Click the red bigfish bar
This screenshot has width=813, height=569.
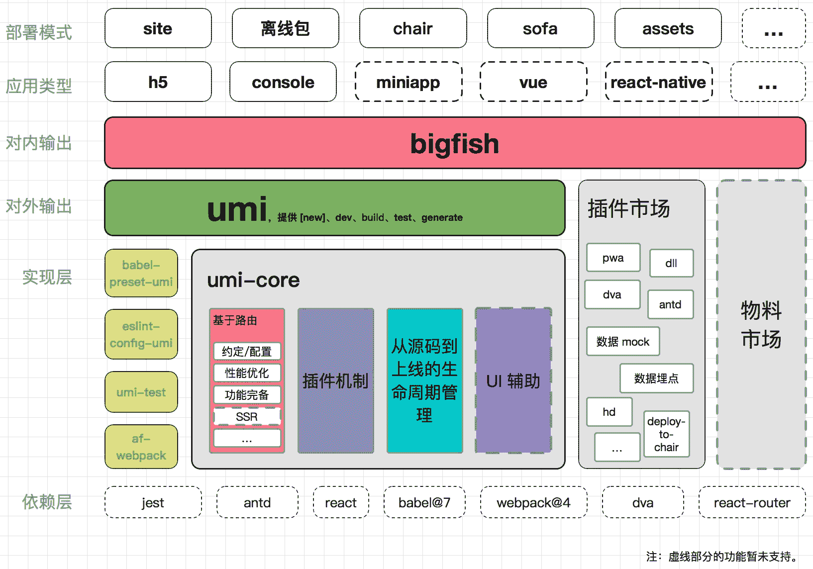coord(455,143)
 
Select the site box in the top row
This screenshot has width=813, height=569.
coord(158,28)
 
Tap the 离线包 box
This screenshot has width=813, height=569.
coord(285,28)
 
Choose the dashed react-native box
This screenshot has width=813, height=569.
coord(658,82)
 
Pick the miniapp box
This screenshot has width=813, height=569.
coord(408,82)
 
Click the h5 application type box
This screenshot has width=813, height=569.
coord(158,82)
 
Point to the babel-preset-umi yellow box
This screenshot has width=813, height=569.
coord(141,273)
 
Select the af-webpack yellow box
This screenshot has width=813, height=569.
coord(141,447)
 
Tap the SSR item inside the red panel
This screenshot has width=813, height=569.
coord(247,416)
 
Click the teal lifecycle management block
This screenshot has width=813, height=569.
coord(424,380)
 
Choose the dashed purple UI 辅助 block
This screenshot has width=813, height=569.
coord(513,380)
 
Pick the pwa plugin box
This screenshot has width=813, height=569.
coord(613,258)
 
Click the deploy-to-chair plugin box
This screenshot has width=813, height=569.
coord(666,434)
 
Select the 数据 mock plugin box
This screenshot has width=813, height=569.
coord(623,341)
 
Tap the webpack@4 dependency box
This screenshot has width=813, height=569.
coord(533,502)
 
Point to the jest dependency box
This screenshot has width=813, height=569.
coord(153,502)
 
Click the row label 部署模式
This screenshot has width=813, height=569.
coord(39,32)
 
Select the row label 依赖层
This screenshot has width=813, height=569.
coord(47,502)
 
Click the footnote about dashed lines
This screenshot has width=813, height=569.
coord(722,556)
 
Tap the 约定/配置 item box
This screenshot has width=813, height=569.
coord(247,351)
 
